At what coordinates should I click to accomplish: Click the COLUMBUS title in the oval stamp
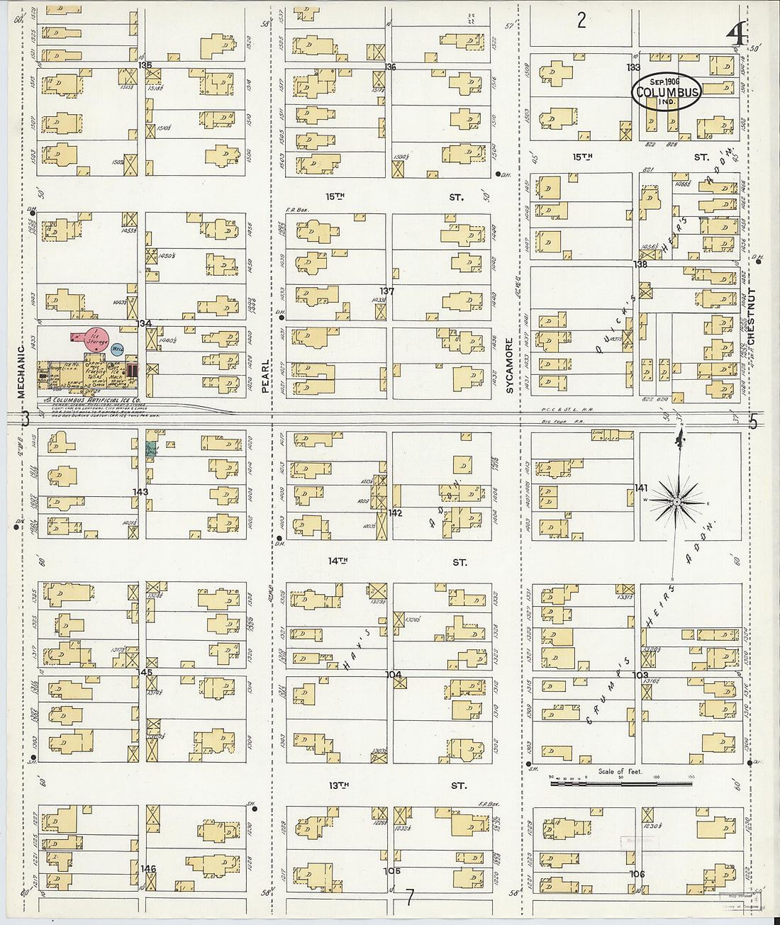667,92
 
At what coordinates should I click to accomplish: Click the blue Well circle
118,349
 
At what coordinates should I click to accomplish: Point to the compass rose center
677,502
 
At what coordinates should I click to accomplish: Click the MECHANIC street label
21,371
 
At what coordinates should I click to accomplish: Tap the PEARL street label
266,376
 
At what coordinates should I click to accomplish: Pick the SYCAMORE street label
509,365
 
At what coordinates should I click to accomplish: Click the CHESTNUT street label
752,316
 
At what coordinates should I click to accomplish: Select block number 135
145,65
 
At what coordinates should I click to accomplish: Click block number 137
386,291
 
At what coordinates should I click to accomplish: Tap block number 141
641,488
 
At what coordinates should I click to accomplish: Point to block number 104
394,675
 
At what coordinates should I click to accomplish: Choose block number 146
148,869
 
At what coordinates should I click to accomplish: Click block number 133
633,67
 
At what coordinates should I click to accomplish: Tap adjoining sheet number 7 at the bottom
409,897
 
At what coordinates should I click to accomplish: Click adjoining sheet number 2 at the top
581,21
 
